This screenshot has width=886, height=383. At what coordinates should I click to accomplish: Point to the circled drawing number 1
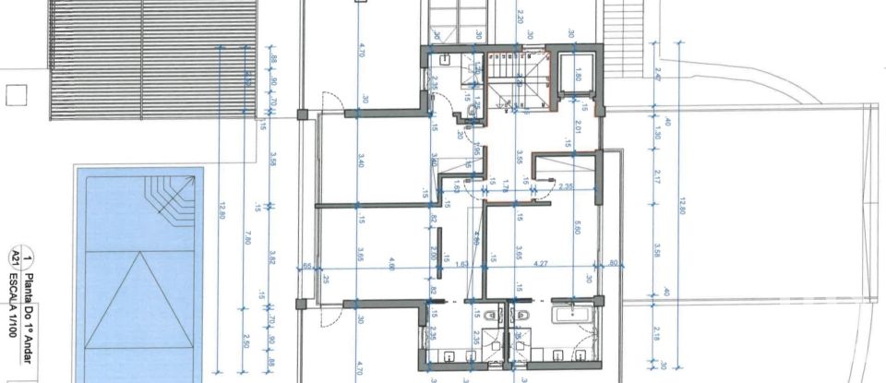pyautogui.click(x=29, y=258)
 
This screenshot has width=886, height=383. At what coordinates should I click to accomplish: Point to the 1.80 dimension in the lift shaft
pyautogui.click(x=580, y=74)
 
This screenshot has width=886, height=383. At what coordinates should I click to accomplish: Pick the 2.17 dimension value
pyautogui.click(x=657, y=175)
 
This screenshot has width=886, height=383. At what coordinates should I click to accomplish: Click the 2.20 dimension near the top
pyautogui.click(x=521, y=17)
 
